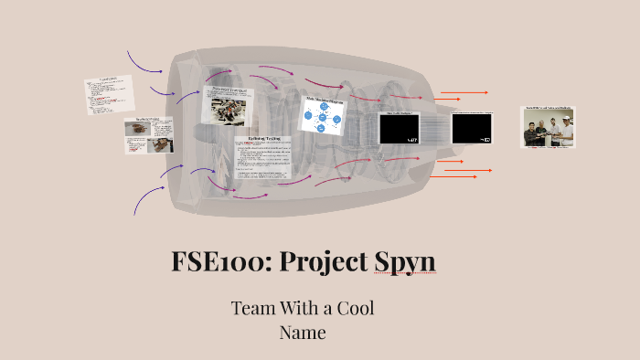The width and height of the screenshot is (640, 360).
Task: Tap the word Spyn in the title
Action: [x=404, y=262]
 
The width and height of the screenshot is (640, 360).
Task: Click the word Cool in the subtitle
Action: [x=353, y=308]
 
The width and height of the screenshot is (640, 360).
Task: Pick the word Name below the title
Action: [x=303, y=332]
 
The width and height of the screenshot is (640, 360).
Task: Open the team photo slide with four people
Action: [x=551, y=127]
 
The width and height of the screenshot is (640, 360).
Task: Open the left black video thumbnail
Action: [x=399, y=128]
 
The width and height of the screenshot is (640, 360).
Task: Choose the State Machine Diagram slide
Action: [x=321, y=117]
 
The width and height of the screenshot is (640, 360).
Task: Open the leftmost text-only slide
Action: [x=110, y=94]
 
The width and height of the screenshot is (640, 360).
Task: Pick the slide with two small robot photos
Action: [x=148, y=135]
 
